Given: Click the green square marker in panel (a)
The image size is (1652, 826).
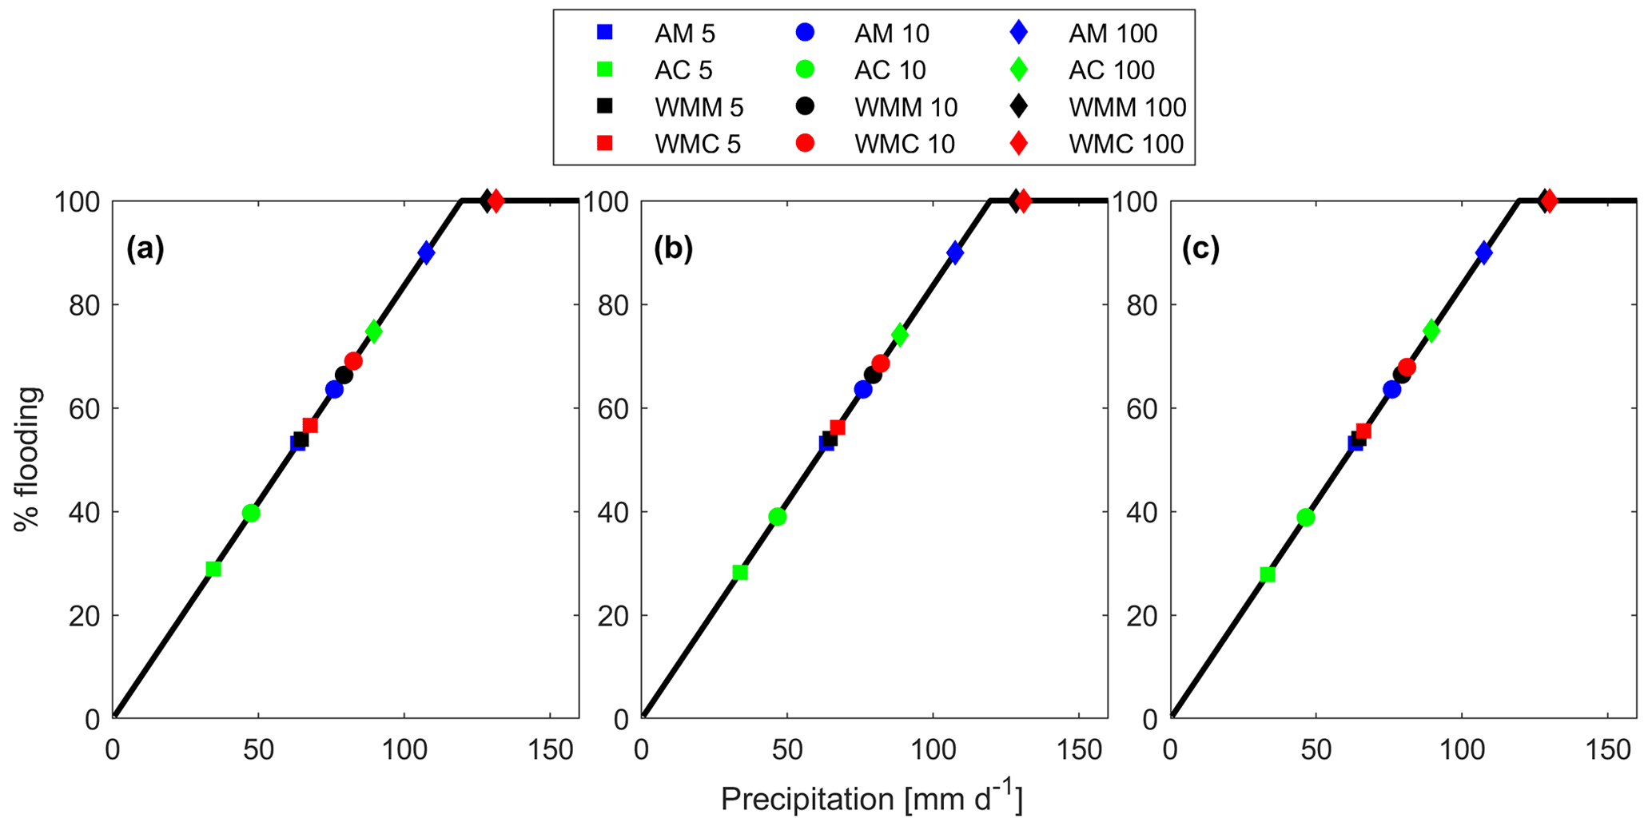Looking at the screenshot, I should click(213, 569).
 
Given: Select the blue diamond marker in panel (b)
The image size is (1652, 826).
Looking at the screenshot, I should click(954, 252).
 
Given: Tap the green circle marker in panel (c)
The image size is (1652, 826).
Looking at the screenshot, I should click(1306, 517).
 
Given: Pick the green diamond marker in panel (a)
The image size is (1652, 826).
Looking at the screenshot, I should click(373, 331).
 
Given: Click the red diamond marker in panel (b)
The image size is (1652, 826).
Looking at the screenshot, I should click(1023, 201).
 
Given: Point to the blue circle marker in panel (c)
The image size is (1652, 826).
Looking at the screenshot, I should click(1392, 389).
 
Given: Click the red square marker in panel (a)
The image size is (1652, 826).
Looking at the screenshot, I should click(310, 425).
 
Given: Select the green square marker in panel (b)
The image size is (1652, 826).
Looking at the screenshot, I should click(740, 572).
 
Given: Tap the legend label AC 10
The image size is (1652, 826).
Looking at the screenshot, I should click(890, 70).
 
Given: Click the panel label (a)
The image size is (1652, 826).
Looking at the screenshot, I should click(145, 250).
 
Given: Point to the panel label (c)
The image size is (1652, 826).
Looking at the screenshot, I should click(1200, 250).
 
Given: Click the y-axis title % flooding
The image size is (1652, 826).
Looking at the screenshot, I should click(28, 459).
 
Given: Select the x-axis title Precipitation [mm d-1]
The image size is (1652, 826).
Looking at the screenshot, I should click(871, 800).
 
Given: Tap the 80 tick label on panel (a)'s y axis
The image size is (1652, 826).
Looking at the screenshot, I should click(85, 305).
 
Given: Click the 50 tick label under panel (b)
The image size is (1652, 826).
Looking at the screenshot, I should click(787, 751).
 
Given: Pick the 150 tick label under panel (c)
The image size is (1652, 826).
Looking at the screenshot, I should click(1607, 751).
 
